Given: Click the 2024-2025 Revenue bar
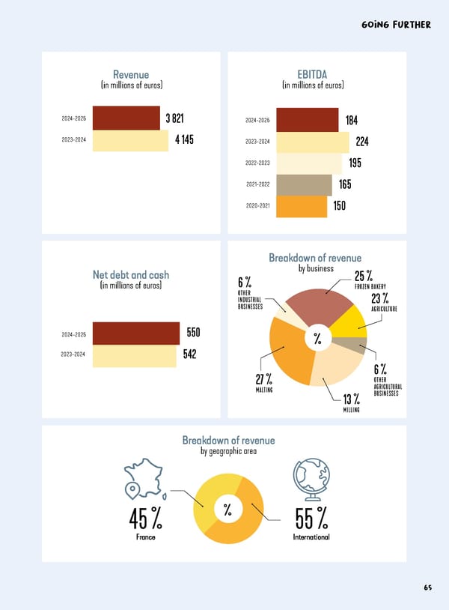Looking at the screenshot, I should (x=127, y=119).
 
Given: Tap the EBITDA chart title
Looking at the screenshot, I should (x=312, y=74).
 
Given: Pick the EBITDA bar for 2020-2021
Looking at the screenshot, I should (x=302, y=206).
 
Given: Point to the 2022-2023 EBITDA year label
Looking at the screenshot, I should (x=257, y=163).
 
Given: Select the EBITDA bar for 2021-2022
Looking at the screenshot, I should (x=304, y=184).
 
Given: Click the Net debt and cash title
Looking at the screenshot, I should (x=131, y=274).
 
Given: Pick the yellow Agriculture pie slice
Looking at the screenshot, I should (x=346, y=321).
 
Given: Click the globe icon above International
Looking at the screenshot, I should (x=308, y=477).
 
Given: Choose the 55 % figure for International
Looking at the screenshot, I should (x=311, y=517).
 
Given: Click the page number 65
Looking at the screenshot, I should (x=427, y=588).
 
